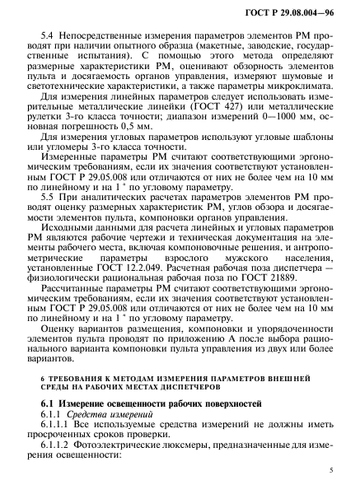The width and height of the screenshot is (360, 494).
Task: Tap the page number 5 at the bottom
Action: [x=328, y=469]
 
